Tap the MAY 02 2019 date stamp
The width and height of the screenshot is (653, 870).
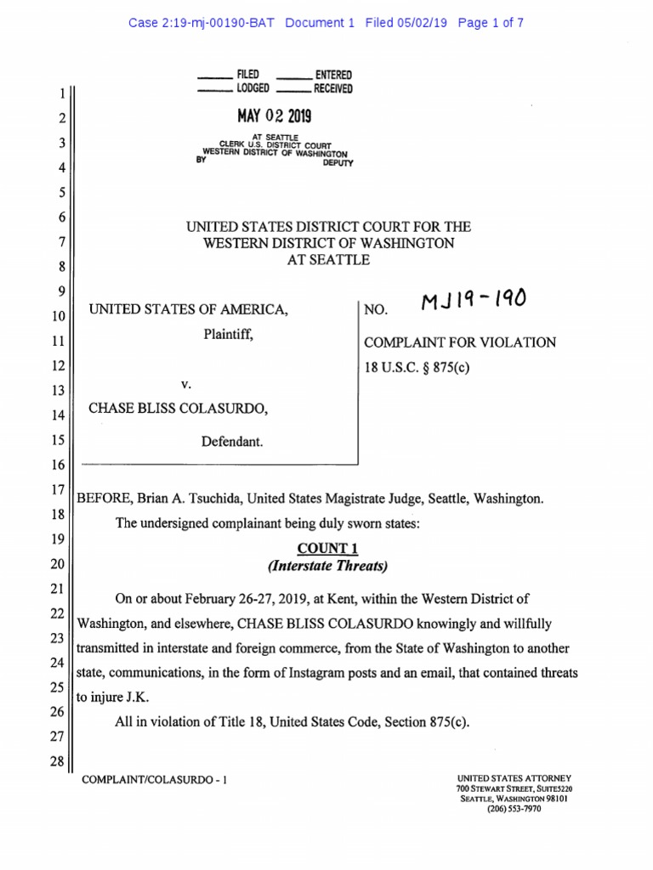pyautogui.click(x=274, y=115)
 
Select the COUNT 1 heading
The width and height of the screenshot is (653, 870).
pyautogui.click(x=322, y=549)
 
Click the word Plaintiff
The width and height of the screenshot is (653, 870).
pyautogui.click(x=228, y=336)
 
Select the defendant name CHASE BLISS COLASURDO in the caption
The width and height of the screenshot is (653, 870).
pyautogui.click(x=179, y=409)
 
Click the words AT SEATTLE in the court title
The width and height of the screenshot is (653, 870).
pyautogui.click(x=328, y=260)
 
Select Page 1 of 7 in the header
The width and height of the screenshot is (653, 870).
pyautogui.click(x=490, y=23)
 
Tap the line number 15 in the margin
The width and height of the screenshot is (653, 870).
pyautogui.click(x=57, y=440)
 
